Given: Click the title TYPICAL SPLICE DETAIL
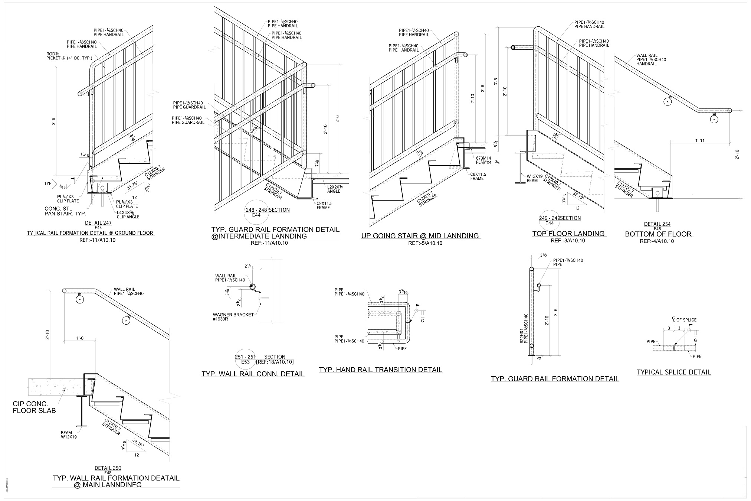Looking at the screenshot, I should (674, 372).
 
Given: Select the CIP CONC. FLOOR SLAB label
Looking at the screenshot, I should (35, 407).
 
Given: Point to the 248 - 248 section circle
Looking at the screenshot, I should (256, 212).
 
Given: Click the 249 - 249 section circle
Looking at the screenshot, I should (550, 221).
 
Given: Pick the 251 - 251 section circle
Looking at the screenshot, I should (245, 359).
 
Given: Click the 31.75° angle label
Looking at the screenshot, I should (132, 186).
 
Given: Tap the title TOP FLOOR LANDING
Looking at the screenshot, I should (568, 234).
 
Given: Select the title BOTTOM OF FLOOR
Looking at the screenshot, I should (658, 234).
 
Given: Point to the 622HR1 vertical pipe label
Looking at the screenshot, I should (524, 331).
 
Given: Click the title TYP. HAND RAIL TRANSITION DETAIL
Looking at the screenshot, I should (380, 370).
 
